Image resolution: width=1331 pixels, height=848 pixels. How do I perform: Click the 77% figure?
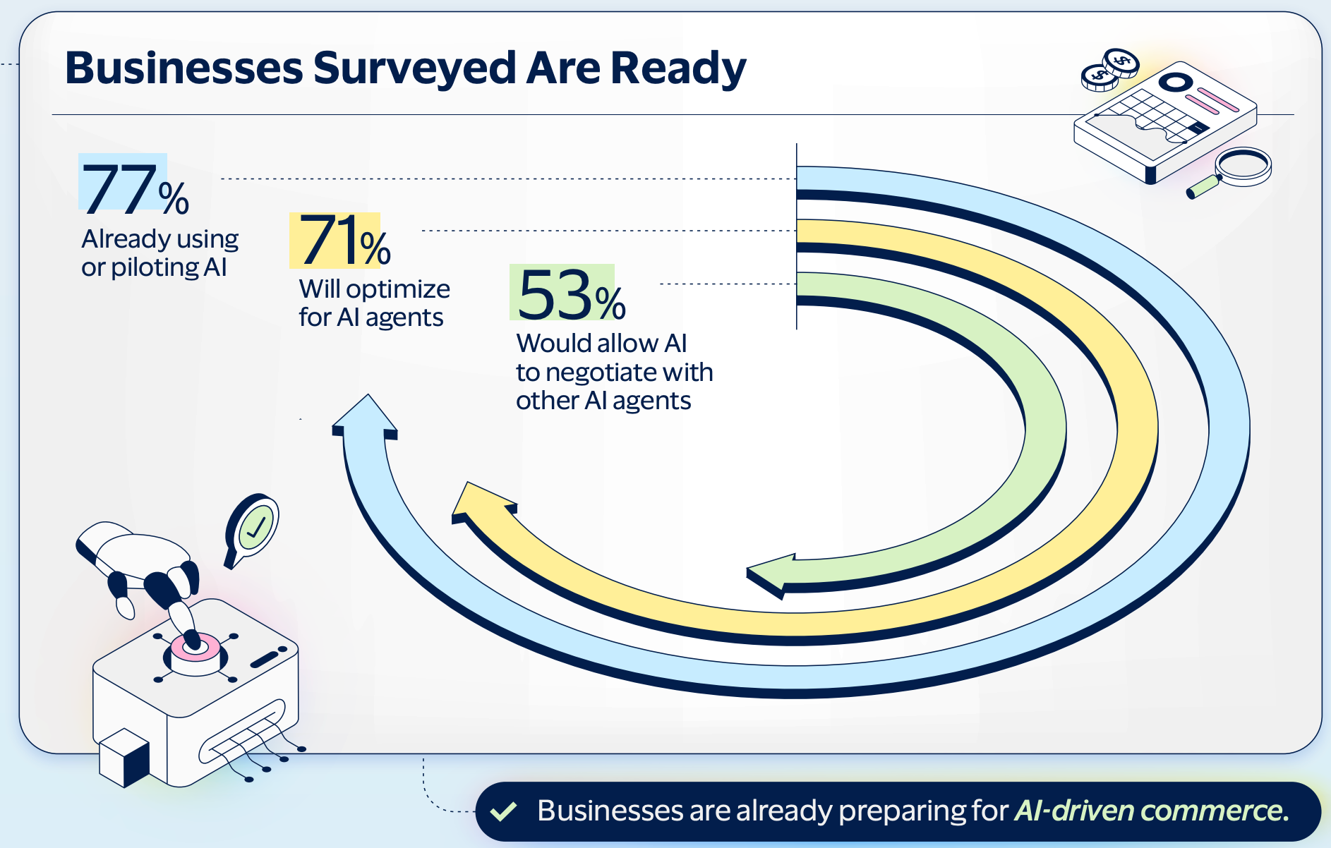(x=134, y=188)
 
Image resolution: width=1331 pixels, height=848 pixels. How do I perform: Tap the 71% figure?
(x=344, y=241)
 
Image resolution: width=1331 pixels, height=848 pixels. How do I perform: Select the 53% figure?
(x=570, y=294)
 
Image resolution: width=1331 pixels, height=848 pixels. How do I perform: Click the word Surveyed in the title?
(x=415, y=68)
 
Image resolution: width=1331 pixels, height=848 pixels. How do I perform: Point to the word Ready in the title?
(x=677, y=68)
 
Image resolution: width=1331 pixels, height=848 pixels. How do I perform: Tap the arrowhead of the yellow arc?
(x=480, y=501)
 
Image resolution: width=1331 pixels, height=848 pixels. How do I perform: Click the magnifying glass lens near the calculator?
(x=1244, y=164)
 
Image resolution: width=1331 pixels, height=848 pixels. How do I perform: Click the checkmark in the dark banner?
(x=504, y=811)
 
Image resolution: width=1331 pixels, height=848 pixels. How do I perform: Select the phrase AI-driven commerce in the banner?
(x=1150, y=811)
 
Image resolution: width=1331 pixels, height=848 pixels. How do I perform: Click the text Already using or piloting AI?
(x=159, y=253)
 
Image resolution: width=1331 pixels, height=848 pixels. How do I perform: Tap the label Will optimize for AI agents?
(x=374, y=303)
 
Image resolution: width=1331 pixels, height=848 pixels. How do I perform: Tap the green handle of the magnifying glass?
(x=1203, y=188)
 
